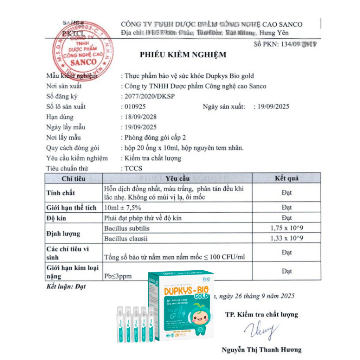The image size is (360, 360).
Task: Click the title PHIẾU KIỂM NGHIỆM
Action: (x=183, y=55)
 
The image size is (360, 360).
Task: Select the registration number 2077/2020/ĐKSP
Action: (x=150, y=96)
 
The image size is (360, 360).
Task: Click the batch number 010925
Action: (x=135, y=107)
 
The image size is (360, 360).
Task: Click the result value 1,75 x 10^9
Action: (x=287, y=228)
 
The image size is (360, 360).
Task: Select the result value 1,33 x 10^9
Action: (x=287, y=238)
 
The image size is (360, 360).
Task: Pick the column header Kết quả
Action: (x=287, y=178)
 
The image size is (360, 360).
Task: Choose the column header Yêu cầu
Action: (x=177, y=178)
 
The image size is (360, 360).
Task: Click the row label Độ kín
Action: (x=57, y=218)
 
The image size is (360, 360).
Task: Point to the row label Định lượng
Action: (x=63, y=233)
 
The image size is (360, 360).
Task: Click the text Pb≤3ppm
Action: (x=118, y=276)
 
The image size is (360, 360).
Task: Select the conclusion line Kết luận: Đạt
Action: (x=66, y=287)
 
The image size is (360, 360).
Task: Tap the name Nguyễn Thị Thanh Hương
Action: (x=262, y=349)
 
